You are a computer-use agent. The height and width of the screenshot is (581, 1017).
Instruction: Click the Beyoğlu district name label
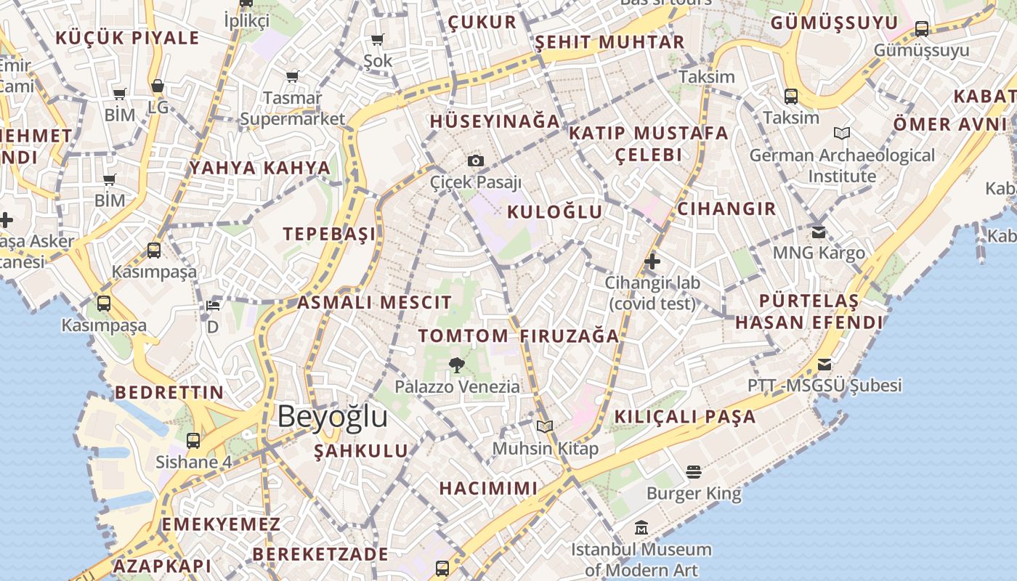[332, 417]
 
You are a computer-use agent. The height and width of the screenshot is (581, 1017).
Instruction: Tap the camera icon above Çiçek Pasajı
[476, 161]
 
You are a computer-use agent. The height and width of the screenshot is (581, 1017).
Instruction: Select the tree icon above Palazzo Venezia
[457, 365]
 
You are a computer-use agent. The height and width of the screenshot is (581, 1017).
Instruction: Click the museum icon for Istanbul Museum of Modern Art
[641, 527]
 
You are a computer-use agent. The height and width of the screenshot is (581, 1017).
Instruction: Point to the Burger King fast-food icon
[693, 472]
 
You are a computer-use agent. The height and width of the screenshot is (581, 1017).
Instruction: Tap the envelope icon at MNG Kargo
[819, 232]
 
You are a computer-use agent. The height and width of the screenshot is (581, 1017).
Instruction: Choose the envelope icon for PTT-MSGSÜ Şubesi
[824, 364]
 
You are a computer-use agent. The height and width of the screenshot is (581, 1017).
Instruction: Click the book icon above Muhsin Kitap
[545, 426]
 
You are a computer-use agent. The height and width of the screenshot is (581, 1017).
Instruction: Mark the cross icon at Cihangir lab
[652, 261]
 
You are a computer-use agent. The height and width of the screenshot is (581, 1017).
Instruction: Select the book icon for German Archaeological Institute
[842, 134]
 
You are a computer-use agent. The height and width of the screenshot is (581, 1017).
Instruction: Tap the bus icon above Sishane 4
[193, 440]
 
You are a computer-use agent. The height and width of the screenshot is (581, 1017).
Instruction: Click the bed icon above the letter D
[212, 306]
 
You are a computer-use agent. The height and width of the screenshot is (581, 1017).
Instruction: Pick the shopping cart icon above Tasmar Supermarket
[293, 76]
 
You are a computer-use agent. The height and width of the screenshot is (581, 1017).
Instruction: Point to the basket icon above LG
[157, 86]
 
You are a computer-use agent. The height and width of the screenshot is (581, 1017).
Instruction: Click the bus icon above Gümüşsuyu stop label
[922, 29]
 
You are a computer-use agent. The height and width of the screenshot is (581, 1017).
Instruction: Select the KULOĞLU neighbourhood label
[554, 212]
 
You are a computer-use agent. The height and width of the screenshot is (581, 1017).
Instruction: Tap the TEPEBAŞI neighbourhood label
[330, 234]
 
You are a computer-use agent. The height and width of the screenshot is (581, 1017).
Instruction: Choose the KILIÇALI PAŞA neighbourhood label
[685, 417]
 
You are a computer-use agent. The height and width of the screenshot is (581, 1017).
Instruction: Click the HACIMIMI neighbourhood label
[488, 488]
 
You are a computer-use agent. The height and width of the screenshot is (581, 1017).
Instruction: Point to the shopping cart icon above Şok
[377, 40]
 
